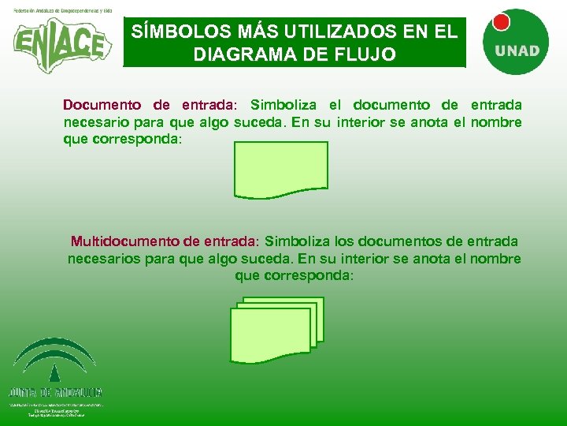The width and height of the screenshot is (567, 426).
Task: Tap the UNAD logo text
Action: point(517,50)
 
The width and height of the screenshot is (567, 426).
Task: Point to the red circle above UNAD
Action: point(501,23)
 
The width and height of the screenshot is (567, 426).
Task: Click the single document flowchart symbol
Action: point(280,169)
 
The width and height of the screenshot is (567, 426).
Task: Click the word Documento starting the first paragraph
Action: point(103,105)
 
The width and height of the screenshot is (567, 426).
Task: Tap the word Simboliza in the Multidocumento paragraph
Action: point(298,241)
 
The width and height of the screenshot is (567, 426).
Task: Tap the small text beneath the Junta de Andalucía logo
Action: point(55,409)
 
